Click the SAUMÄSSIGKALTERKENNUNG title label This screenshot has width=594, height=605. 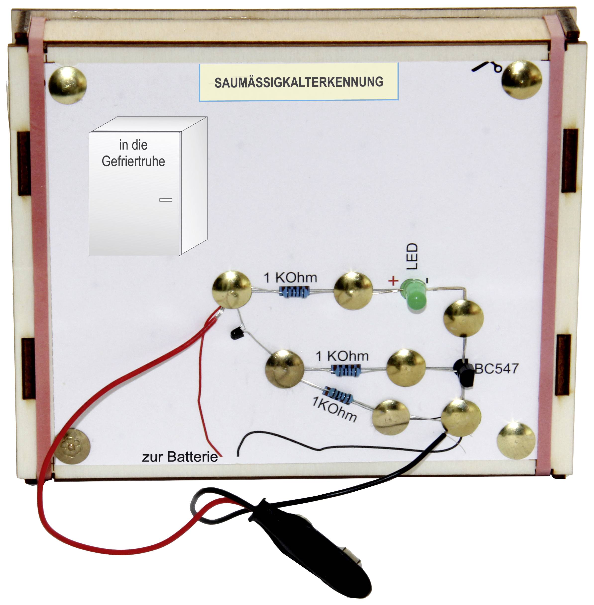tap(299, 82)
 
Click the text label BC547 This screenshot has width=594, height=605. tap(496, 369)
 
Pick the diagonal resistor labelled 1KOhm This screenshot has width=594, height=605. tap(338, 395)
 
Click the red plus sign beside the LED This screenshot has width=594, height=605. tap(393, 281)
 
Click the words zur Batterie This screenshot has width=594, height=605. tap(180, 457)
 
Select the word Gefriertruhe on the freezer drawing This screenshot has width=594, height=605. tap(133, 161)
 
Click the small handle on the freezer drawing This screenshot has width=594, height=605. tap(166, 200)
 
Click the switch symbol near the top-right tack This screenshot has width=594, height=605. tap(487, 67)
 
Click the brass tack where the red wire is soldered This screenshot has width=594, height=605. tap(231, 290)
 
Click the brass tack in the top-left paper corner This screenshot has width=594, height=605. tap(67, 85)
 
